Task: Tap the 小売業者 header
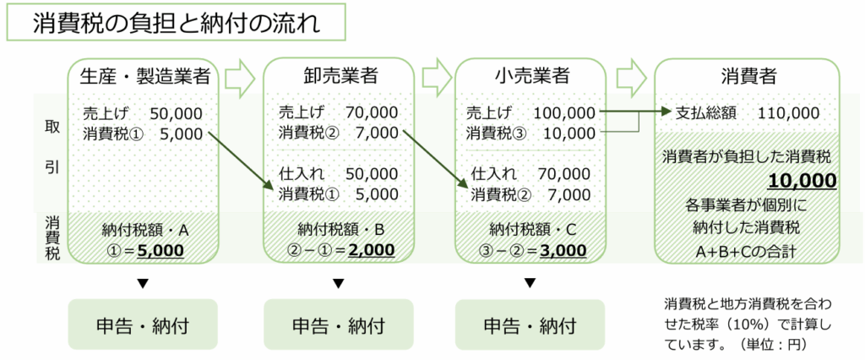click(x=531, y=76)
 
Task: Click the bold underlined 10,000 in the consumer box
click(x=802, y=181)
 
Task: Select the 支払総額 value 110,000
click(x=788, y=112)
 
